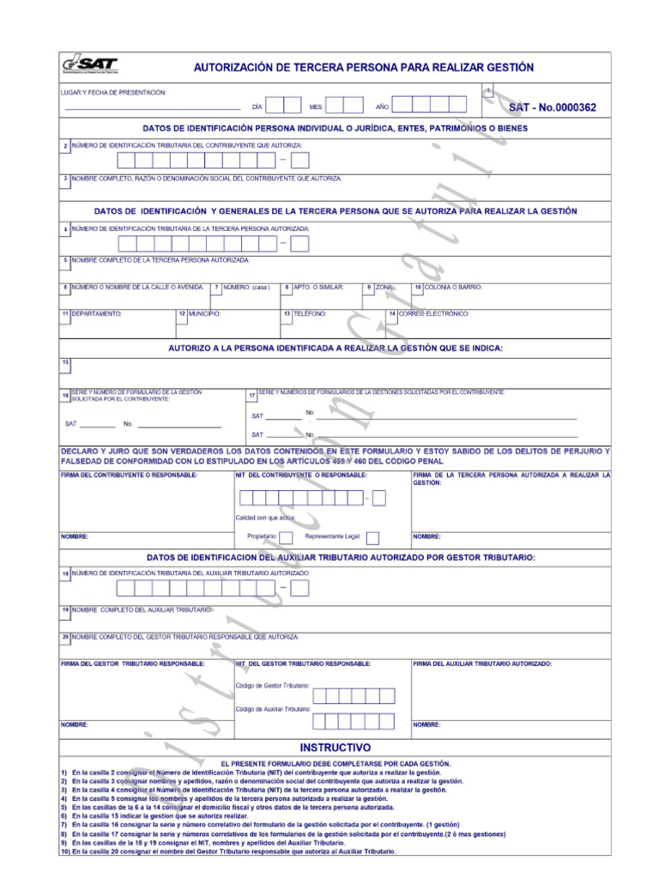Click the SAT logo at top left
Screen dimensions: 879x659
[89, 66]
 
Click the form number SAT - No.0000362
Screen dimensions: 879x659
[552, 108]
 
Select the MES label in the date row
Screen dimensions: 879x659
[316, 107]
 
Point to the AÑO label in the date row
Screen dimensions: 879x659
[382, 107]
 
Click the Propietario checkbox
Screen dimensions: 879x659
[287, 538]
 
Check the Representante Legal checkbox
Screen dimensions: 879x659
[373, 538]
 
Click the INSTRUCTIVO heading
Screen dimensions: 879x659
[335, 747]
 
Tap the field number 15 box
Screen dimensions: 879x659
[65, 363]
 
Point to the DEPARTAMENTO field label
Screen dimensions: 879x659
[96, 314]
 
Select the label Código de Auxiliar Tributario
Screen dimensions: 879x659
[273, 709]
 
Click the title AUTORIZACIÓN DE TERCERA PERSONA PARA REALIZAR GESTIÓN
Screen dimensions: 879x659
[363, 67]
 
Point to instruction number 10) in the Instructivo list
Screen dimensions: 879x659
[65, 852]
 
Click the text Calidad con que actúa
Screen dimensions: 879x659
[265, 518]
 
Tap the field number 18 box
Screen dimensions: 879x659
[65, 573]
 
